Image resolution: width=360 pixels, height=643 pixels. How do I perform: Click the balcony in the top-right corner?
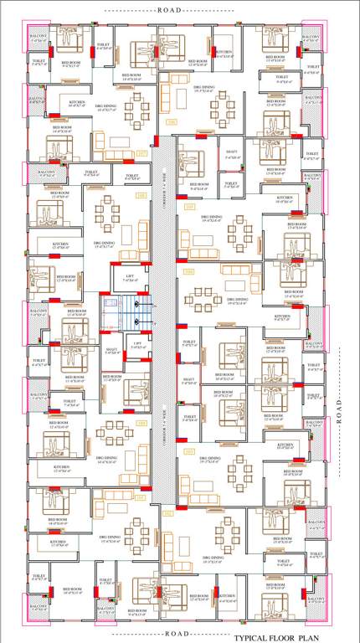pos(312,42)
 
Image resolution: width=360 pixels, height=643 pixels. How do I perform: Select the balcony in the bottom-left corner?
pos(39,608)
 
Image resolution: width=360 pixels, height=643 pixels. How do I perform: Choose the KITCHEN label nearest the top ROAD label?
pos(223,53)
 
